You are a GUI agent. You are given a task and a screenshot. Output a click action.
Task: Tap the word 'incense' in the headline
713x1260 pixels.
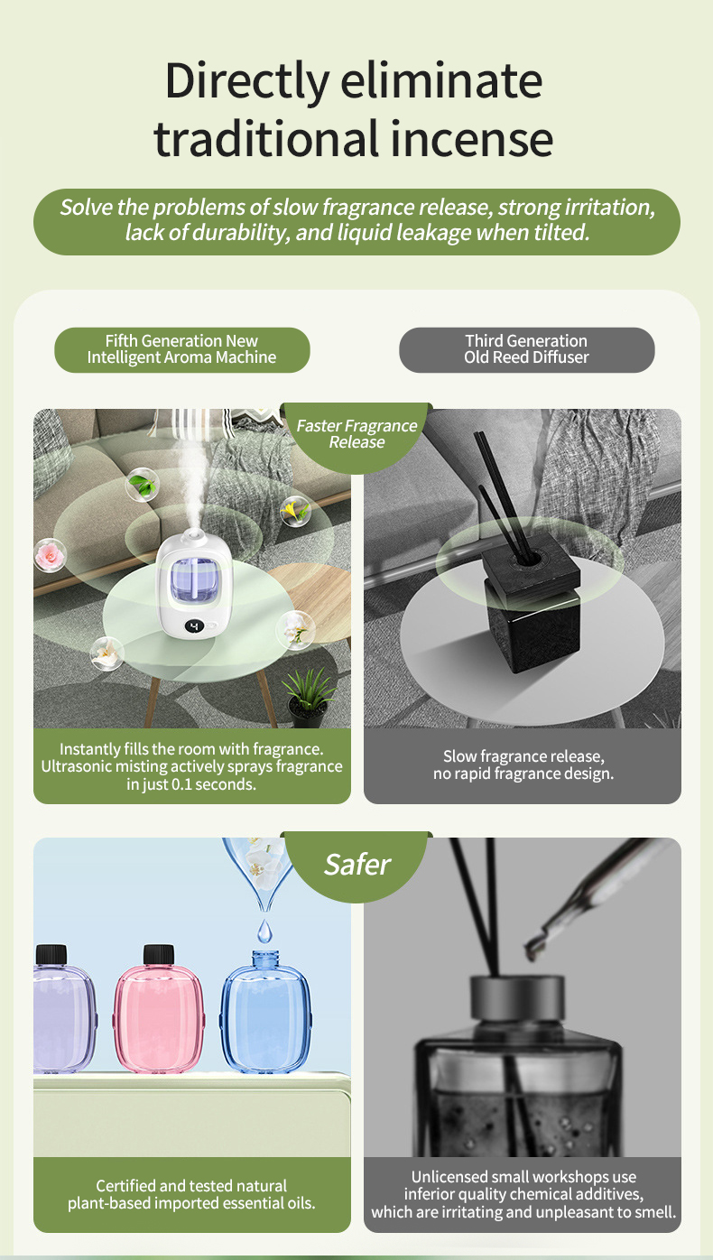[471, 138]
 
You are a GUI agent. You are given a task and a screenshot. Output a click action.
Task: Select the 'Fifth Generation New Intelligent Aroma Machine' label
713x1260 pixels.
[181, 349]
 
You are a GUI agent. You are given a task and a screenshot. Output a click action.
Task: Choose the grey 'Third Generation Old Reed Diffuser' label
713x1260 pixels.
[526, 349]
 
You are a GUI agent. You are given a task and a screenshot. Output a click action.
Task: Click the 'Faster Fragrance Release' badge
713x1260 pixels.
[356, 435]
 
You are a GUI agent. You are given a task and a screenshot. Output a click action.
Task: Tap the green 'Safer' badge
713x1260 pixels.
[356, 866]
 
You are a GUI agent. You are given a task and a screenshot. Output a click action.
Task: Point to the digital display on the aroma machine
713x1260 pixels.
[194, 625]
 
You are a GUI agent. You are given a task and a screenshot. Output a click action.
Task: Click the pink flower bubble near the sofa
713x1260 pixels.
[50, 554]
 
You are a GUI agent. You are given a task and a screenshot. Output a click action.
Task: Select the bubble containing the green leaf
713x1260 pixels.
[142, 484]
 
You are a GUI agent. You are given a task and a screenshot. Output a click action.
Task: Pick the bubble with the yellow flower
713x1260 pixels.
[295, 512]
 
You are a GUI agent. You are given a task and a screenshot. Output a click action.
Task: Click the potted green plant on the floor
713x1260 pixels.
[308, 698]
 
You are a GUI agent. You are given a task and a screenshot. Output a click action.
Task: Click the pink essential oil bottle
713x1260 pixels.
[159, 1008]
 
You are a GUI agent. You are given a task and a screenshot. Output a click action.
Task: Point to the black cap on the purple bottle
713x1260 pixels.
[51, 955]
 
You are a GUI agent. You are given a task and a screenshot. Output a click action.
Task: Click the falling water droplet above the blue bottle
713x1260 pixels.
[264, 931]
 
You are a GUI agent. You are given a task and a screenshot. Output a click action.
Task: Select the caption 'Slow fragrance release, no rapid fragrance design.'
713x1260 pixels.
[523, 765]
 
